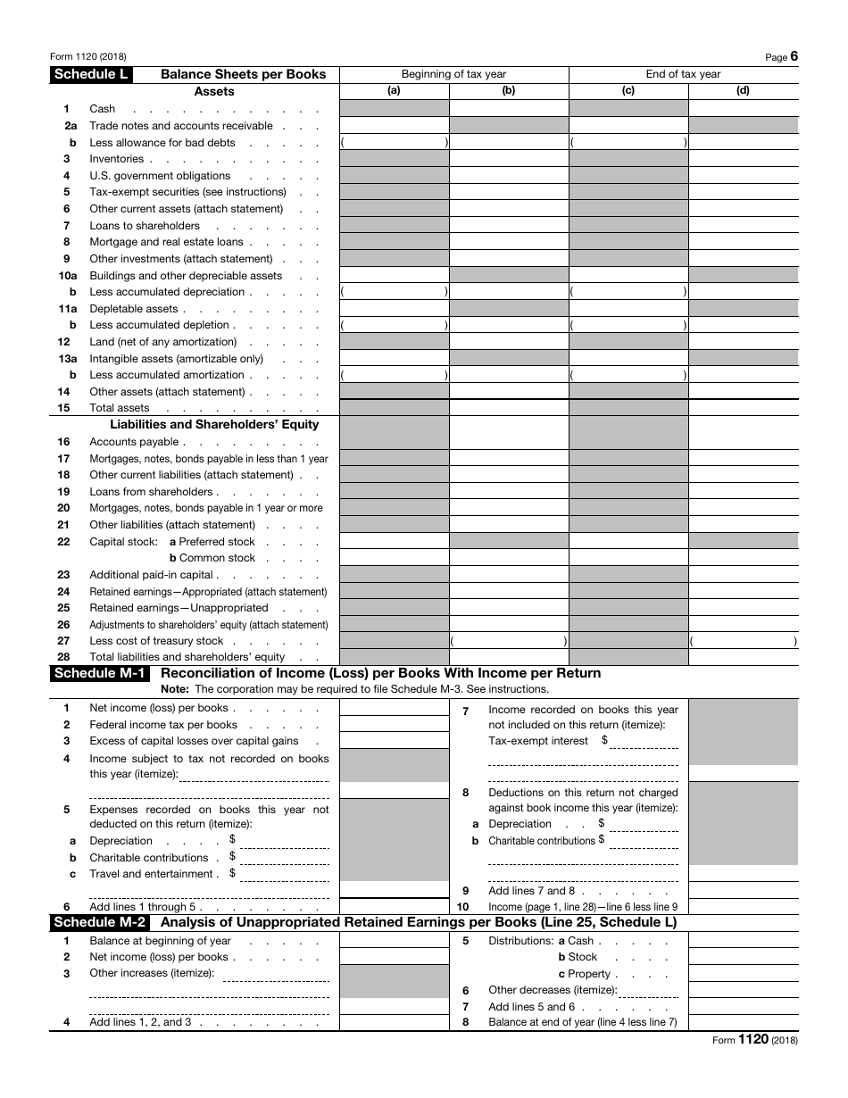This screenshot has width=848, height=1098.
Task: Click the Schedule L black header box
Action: pyautogui.click(x=91, y=74)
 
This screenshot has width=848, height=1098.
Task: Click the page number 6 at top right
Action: pyautogui.click(x=794, y=56)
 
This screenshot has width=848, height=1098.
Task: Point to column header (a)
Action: pyautogui.click(x=394, y=90)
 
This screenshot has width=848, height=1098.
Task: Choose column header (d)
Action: pyautogui.click(x=743, y=90)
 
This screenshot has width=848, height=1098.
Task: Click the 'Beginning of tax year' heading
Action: pyautogui.click(x=453, y=74)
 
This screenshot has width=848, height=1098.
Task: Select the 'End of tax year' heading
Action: pyautogui.click(x=683, y=74)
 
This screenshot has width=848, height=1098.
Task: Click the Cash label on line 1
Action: pyautogui.click(x=103, y=109)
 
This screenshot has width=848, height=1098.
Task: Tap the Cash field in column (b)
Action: pyautogui.click(x=509, y=109)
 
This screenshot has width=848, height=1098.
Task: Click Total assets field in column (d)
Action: pyautogui.click(x=743, y=408)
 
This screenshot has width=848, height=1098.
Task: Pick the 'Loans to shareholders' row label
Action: pyautogui.click(x=145, y=226)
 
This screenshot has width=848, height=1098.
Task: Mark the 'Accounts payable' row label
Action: pyautogui.click(x=134, y=442)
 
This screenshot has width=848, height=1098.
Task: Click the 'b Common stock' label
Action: pyautogui.click(x=212, y=558)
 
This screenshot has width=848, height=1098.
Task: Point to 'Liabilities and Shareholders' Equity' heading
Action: pyautogui.click(x=214, y=425)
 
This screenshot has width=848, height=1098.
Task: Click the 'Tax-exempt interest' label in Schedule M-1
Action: pyautogui.click(x=538, y=741)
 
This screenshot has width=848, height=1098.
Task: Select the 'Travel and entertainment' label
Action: pyautogui.click(x=152, y=874)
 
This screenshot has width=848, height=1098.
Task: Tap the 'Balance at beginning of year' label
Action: pyautogui.click(x=160, y=941)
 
